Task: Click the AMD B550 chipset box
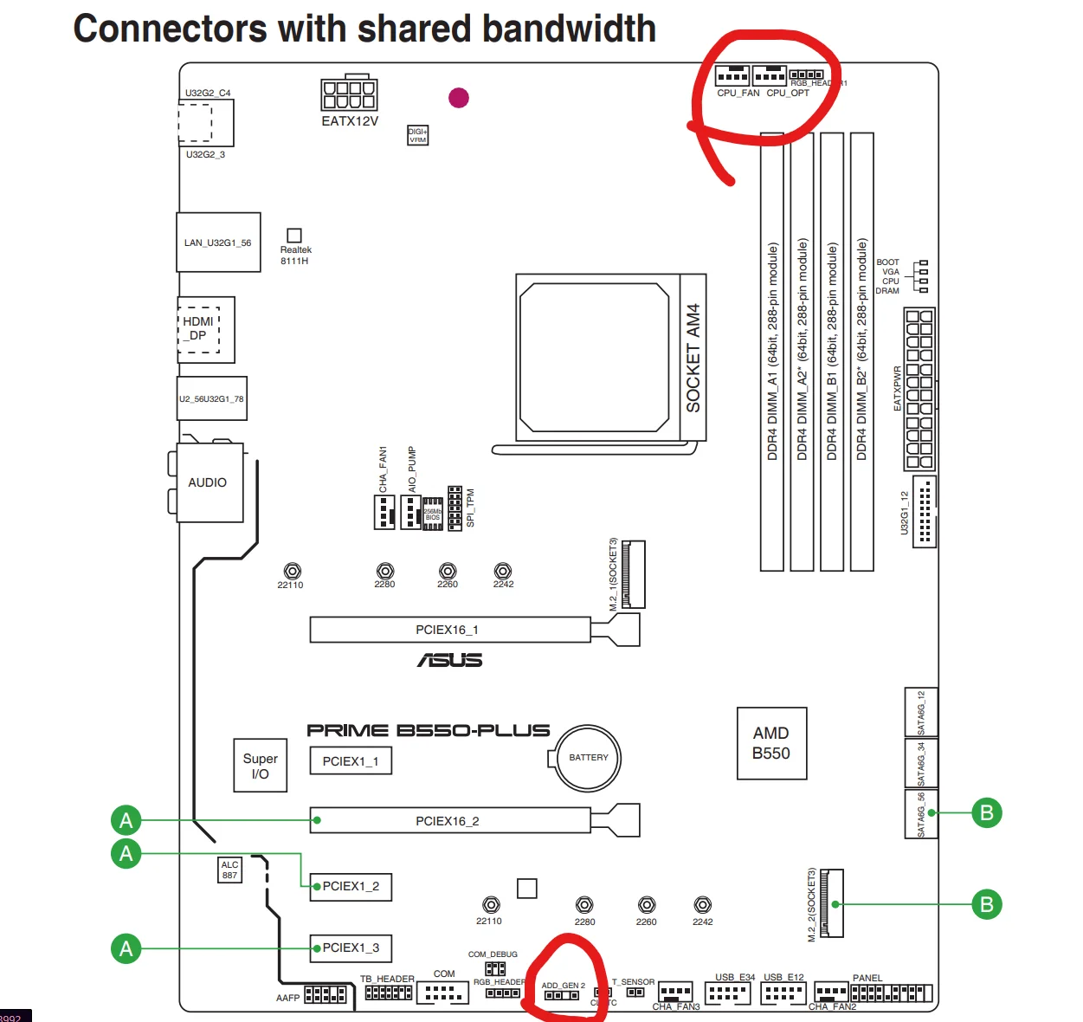[771, 743]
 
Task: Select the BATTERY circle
[589, 758]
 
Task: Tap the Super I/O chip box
[260, 766]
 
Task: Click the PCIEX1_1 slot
[351, 761]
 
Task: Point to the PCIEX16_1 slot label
[447, 630]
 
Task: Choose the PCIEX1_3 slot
[351, 948]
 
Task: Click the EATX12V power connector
[349, 94]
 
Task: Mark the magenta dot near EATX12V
[459, 97]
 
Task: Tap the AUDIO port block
[208, 482]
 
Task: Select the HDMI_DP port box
[199, 329]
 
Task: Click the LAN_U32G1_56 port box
[218, 243]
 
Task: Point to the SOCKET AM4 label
[693, 357]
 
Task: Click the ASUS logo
[450, 660]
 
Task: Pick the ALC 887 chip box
[229, 870]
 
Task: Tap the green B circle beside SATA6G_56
[986, 812]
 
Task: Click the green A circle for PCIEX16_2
[126, 819]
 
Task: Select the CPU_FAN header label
[738, 93]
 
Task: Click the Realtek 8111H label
[295, 255]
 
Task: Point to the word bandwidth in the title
[569, 29]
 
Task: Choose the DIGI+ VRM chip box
[417, 135]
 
